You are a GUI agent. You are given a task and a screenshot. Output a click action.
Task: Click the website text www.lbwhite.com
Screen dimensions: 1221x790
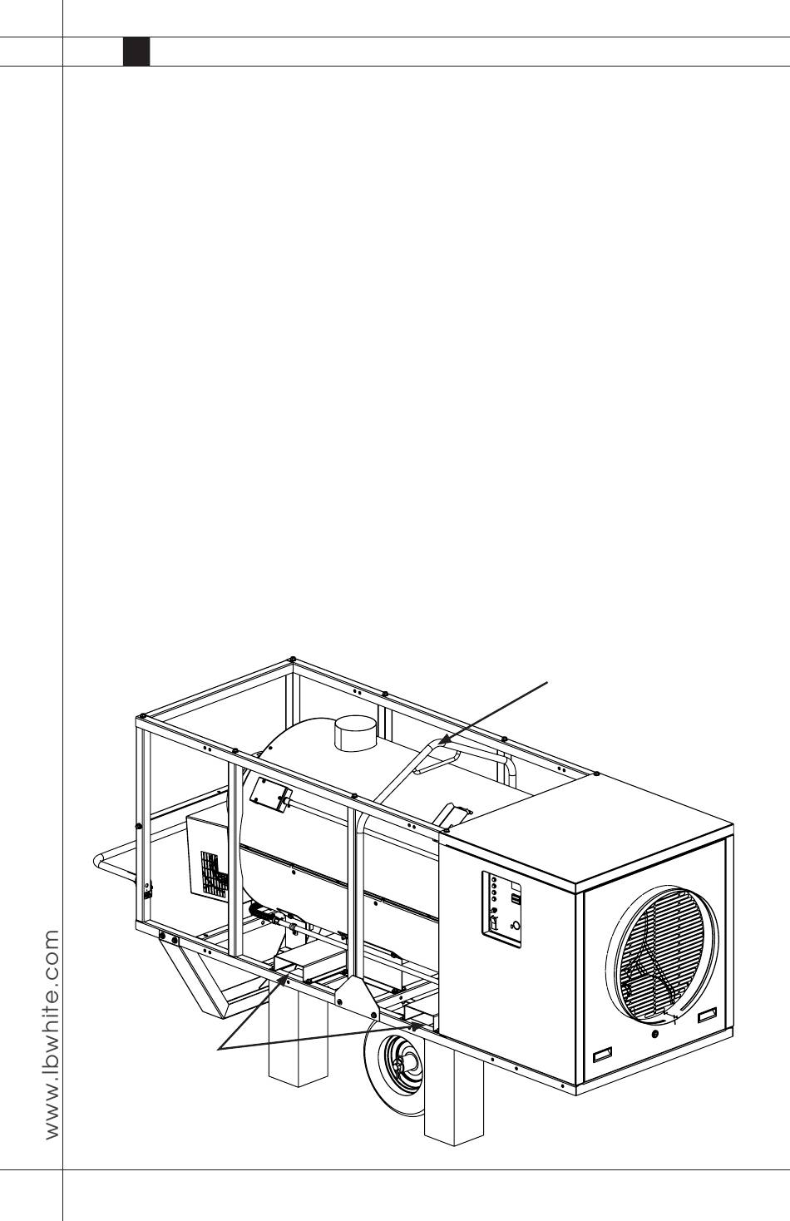[52, 1035]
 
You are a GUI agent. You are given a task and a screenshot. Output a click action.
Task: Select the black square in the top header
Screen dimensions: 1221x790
[136, 52]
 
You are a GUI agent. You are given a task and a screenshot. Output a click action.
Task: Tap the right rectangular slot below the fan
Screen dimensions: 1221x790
[708, 1015]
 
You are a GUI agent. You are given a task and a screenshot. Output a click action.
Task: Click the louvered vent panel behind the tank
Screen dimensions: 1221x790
[210, 865]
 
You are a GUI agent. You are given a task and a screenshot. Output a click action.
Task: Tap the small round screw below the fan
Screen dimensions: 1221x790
[656, 1034]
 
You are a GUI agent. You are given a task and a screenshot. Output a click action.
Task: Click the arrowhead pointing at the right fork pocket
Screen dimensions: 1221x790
[413, 1026]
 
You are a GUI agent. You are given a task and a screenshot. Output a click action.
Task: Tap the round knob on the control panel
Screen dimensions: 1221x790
[516, 925]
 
